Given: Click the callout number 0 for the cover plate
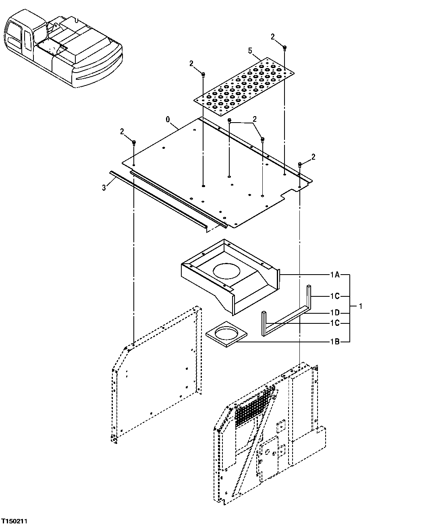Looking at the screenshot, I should (x=168, y=120).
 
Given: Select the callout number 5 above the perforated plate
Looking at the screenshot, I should (x=250, y=51).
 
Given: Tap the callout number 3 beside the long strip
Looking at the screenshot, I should (x=104, y=187).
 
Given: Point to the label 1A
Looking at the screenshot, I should (x=335, y=275).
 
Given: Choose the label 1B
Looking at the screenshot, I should (x=335, y=342).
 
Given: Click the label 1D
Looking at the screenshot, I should (x=335, y=313).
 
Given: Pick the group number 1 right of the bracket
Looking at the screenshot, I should (x=361, y=306).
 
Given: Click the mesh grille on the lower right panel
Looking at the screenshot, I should (x=254, y=407).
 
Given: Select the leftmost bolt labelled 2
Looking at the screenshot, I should (x=134, y=143).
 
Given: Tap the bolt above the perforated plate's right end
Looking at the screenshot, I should (x=284, y=48).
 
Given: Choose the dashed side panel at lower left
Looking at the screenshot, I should (x=157, y=375).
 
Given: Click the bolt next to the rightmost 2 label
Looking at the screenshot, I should (x=300, y=164).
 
